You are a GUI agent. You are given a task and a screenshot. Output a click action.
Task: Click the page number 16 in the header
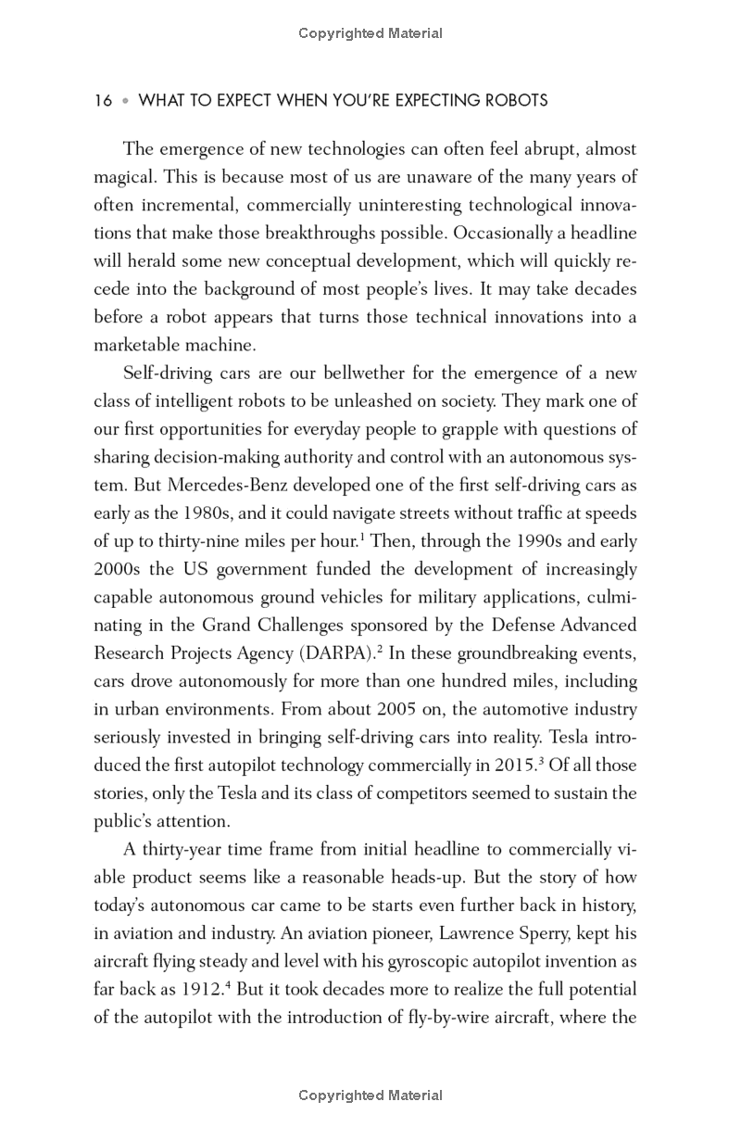(103, 101)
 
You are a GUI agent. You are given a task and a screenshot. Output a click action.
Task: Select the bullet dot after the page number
(125, 101)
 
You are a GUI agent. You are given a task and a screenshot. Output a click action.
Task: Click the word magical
(126, 177)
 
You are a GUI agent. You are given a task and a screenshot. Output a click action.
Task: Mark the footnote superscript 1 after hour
(362, 537)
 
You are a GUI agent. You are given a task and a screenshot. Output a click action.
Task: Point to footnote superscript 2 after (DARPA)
(380, 648)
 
